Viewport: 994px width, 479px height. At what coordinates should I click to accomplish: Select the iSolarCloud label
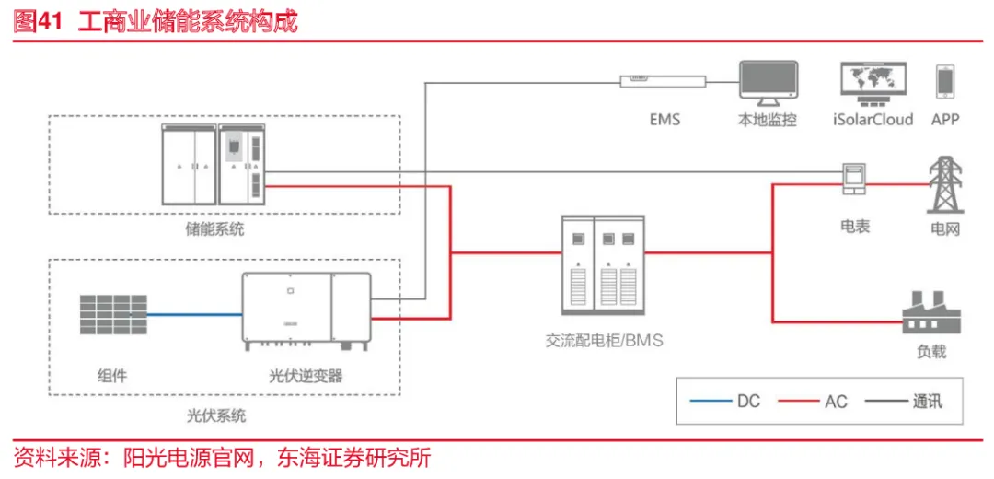872,120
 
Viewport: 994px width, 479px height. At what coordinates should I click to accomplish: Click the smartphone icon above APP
944,82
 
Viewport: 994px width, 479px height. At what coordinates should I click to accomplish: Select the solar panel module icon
112,315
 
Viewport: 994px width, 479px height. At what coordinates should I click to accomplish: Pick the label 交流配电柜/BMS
604,341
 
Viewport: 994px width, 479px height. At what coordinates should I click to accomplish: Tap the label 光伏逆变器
306,376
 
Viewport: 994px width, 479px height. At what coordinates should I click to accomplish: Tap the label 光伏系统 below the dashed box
215,415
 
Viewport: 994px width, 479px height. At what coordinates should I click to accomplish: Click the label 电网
944,228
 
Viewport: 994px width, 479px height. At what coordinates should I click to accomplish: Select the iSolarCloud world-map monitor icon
872,83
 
